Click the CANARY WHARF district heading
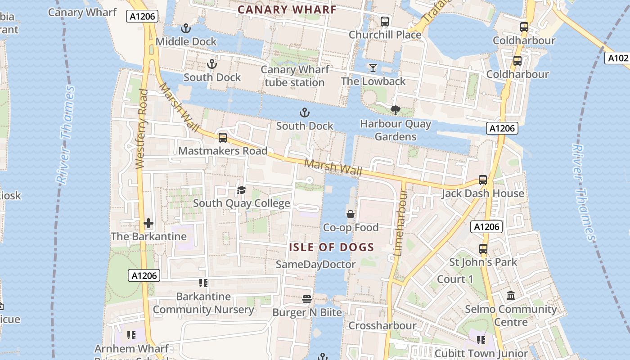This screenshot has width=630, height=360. [287, 9]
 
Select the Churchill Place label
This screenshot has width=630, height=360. [385, 35]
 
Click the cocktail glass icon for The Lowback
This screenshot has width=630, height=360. [373, 68]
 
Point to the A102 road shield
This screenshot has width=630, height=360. [617, 58]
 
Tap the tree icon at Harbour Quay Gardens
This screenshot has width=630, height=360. [396, 110]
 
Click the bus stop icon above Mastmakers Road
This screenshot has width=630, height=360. [223, 138]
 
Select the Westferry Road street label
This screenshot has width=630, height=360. [141, 129]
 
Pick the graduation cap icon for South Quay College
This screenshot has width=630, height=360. [242, 190]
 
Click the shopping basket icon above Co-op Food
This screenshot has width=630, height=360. [351, 214]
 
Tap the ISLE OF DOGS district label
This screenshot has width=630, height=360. [331, 247]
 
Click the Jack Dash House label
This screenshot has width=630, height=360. [482, 193]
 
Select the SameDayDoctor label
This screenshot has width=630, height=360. [315, 264]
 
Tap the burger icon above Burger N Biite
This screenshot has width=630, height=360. [307, 299]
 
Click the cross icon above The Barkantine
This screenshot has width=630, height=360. [148, 223]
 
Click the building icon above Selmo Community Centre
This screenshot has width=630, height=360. [511, 296]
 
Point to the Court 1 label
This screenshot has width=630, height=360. [455, 279]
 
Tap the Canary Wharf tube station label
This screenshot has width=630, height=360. [295, 76]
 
